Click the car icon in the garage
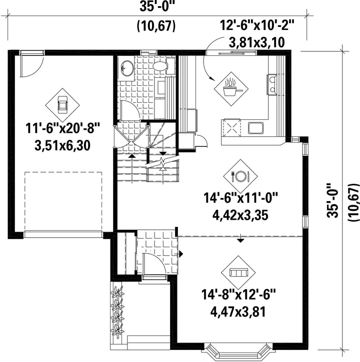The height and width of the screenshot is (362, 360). coord(62,105)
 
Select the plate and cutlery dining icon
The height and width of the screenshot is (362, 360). coord(240,176)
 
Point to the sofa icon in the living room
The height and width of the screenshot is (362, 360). coord(238,273)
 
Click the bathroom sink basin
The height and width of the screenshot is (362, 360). coord(127,68)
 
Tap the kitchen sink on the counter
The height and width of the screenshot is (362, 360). coord(256,128)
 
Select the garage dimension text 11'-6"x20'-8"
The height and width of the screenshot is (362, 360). coord(62,128)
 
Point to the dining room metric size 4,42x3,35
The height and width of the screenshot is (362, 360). coord(240,215)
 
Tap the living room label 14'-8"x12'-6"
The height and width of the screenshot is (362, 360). coord(239,295)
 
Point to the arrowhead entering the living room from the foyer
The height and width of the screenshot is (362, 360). coord(181,254)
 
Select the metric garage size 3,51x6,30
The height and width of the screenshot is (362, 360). coord(62,146)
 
